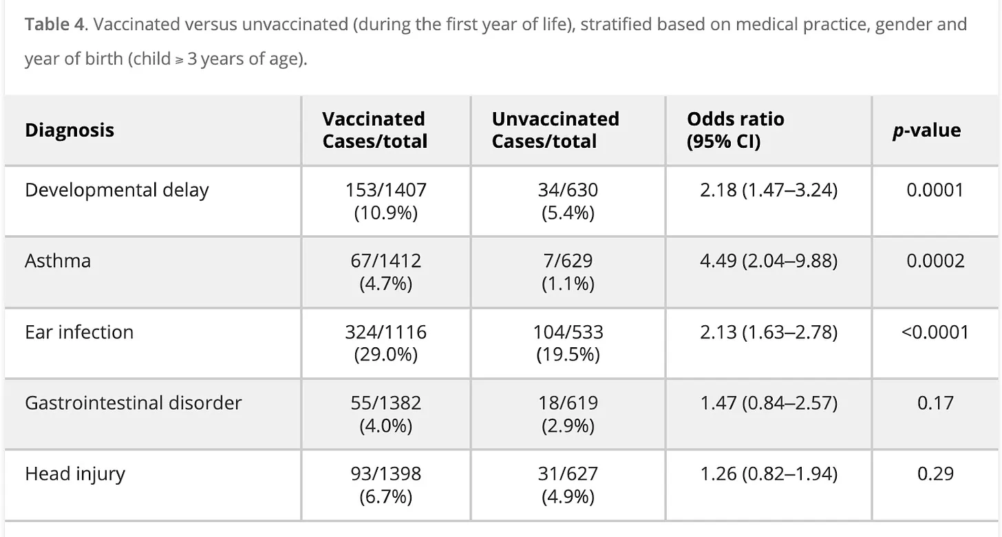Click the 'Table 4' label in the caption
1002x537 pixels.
pos(54,24)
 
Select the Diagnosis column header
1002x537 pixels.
pos(70,130)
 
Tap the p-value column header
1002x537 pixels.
pos(926,131)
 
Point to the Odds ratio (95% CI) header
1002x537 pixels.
pos(736,130)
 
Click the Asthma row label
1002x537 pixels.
pos(58,261)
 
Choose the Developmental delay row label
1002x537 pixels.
pos(117,190)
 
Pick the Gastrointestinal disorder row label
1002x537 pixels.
pos(134,402)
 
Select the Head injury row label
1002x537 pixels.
pos(75,474)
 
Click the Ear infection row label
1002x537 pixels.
pos(79,332)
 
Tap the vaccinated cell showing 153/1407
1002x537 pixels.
pos(385,201)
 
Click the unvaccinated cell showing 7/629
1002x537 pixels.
pos(568,272)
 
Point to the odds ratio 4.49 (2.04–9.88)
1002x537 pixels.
pos(769,261)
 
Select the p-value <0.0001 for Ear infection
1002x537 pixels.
pos(935,332)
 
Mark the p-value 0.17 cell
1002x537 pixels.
pos(935,402)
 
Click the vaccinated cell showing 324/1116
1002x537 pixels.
pos(385,342)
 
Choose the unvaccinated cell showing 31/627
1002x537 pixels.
pos(568,485)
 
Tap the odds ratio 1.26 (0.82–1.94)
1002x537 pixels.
pos(769,474)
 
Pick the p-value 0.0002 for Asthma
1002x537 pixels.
pos(935,261)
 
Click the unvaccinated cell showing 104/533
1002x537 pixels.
pos(568,342)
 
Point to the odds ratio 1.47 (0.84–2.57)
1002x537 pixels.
pos(769,403)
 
